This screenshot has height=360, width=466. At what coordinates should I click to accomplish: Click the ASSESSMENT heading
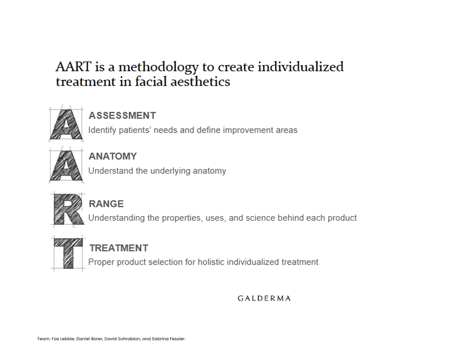pyautogui.click(x=122, y=116)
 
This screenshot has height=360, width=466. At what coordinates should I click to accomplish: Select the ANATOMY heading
pyautogui.click(x=112, y=156)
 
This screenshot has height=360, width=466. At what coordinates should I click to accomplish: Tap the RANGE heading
pyautogui.click(x=106, y=204)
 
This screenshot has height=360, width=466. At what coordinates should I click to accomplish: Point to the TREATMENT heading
pyautogui.click(x=119, y=248)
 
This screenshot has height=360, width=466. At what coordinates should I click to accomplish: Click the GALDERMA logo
pyautogui.click(x=264, y=298)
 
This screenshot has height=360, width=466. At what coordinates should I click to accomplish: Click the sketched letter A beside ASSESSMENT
pyautogui.click(x=66, y=124)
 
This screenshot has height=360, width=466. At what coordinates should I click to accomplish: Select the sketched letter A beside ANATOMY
pyautogui.click(x=66, y=165)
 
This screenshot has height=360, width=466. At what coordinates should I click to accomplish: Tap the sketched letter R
pyautogui.click(x=68, y=209)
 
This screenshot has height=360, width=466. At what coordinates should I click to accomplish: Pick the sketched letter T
pyautogui.click(x=68, y=253)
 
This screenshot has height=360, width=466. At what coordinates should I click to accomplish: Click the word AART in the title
pyautogui.click(x=73, y=67)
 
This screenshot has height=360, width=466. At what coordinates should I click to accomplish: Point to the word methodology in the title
pyautogui.click(x=158, y=68)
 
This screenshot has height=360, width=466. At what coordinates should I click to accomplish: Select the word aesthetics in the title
pyautogui.click(x=200, y=82)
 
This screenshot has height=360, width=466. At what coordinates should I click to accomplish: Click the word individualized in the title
pyautogui.click(x=300, y=67)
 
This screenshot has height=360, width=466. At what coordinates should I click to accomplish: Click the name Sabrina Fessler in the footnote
pyautogui.click(x=168, y=339)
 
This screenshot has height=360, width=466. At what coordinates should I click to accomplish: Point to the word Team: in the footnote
pyautogui.click(x=43, y=339)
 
